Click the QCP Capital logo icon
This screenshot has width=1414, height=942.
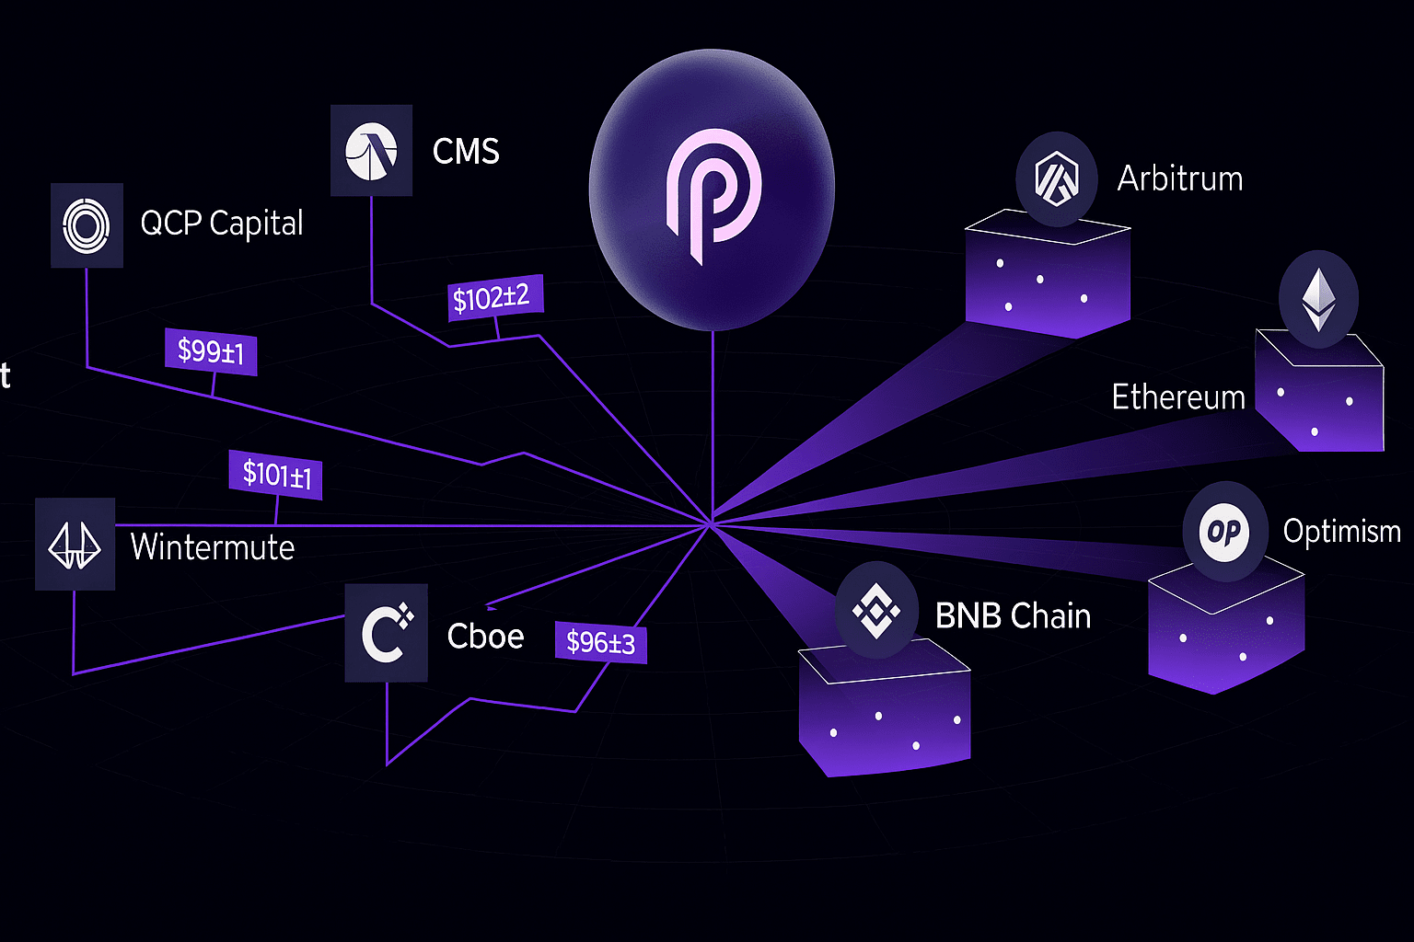point(87,225)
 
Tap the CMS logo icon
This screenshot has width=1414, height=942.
point(371,151)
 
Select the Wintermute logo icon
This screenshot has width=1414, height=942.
point(75,545)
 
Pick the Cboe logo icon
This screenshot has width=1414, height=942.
point(386,633)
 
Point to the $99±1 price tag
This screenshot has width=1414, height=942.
point(211,351)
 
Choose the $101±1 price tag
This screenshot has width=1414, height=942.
point(276,475)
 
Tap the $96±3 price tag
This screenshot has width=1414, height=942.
point(600,642)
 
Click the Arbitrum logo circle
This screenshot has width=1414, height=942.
point(1056,178)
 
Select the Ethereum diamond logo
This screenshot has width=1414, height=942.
point(1318,299)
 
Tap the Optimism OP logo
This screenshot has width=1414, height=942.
point(1224,532)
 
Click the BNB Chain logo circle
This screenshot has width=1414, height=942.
point(875,611)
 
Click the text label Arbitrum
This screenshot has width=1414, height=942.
point(1180,178)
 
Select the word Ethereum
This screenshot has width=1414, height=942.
point(1178,397)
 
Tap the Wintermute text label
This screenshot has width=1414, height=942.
point(213,547)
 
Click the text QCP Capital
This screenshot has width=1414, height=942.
point(222,224)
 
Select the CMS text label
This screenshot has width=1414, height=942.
point(466,152)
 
